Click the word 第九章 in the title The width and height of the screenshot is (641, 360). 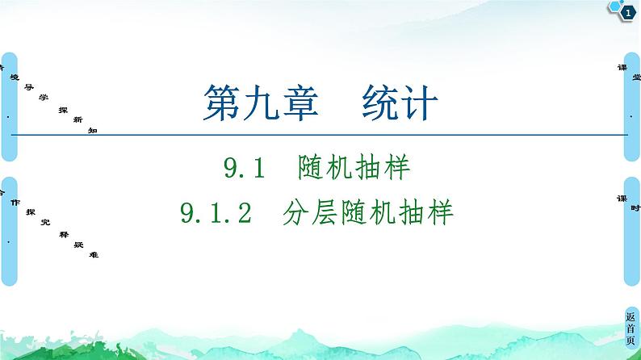[x=258, y=104]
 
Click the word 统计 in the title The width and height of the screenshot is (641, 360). [x=400, y=104]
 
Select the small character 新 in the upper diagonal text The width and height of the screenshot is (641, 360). [x=78, y=119]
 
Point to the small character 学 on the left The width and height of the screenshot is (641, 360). [x=43, y=96]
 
